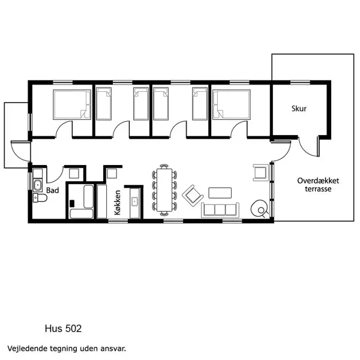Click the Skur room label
click(x=299, y=109)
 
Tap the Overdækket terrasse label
click(x=314, y=184)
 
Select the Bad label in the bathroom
click(x=52, y=191)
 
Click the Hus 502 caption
click(x=63, y=328)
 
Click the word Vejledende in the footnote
click(x=28, y=347)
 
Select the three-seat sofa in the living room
click(x=220, y=209)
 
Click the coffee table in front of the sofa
click(x=220, y=193)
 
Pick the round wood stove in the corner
click(x=260, y=208)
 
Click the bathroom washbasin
click(x=37, y=184)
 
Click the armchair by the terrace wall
click(x=260, y=172)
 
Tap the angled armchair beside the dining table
click(x=192, y=194)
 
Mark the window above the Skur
click(x=299, y=82)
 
